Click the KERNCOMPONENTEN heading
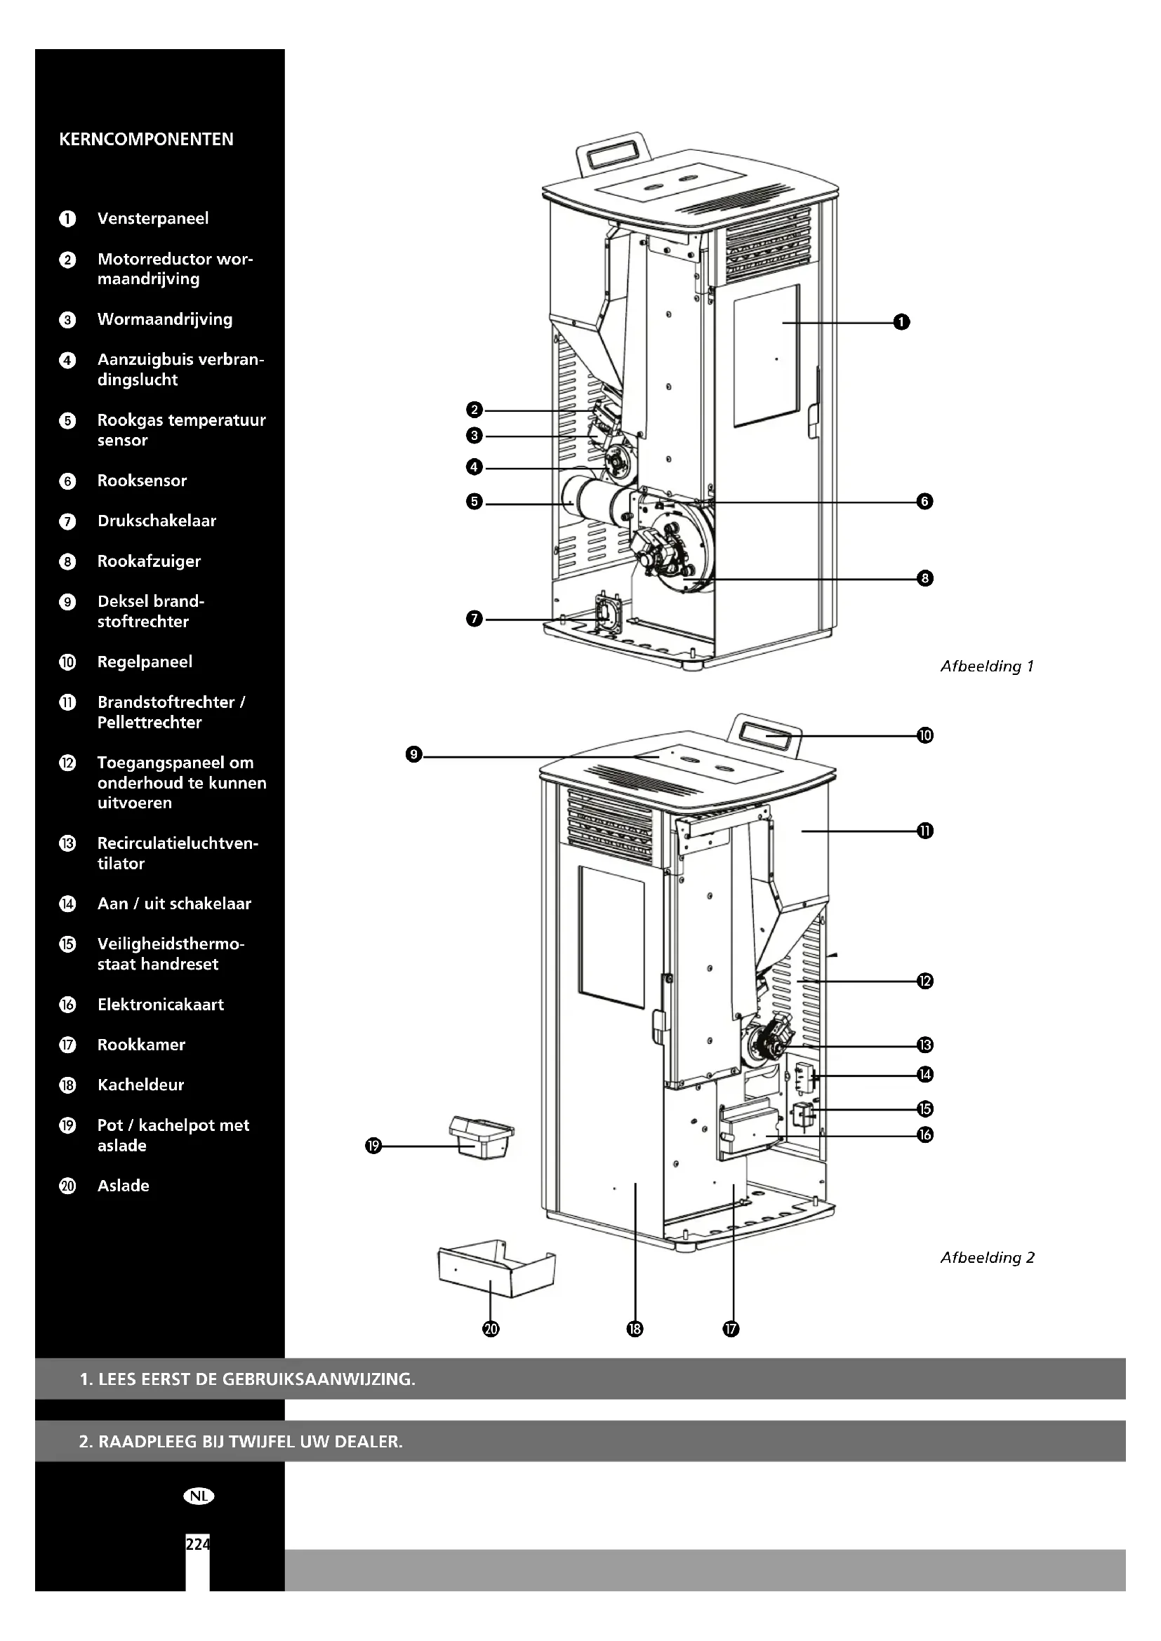pyautogui.click(x=146, y=140)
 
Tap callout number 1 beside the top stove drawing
pyautogui.click(x=901, y=322)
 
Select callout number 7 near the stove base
pyautogui.click(x=474, y=619)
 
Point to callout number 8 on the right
pyautogui.click(x=924, y=578)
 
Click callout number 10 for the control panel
pyautogui.click(x=924, y=735)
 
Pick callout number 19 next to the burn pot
pyautogui.click(x=373, y=1146)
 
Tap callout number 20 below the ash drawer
pyautogui.click(x=491, y=1329)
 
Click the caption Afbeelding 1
pyautogui.click(x=986, y=667)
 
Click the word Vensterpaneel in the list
pyautogui.click(x=153, y=219)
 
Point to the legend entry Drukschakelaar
pyautogui.click(x=157, y=521)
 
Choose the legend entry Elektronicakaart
pyautogui.click(x=160, y=1005)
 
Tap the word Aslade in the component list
pyautogui.click(x=123, y=1186)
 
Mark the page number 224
pyautogui.click(x=197, y=1544)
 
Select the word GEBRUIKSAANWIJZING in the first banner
pyautogui.click(x=318, y=1379)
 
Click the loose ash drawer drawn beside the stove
pyautogui.click(x=496, y=1270)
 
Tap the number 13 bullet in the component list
pyautogui.click(x=67, y=844)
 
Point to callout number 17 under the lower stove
pyautogui.click(x=730, y=1329)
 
